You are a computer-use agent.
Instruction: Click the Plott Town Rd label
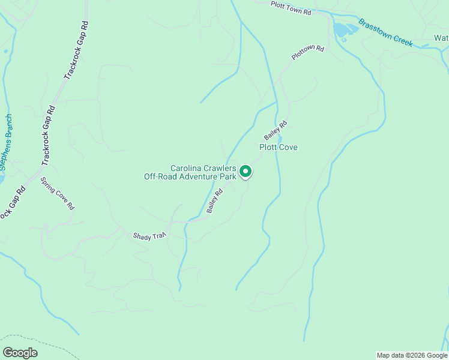(291, 8)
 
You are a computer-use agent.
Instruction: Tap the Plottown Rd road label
(307, 52)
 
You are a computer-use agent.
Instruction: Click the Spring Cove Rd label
(57, 193)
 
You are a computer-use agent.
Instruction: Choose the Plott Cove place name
(278, 147)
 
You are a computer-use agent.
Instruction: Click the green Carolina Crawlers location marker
(246, 172)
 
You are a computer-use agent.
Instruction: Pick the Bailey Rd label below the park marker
(214, 201)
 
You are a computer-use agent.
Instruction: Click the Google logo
(20, 353)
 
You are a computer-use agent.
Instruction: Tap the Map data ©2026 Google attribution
(411, 355)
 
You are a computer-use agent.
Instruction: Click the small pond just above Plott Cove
(280, 139)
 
